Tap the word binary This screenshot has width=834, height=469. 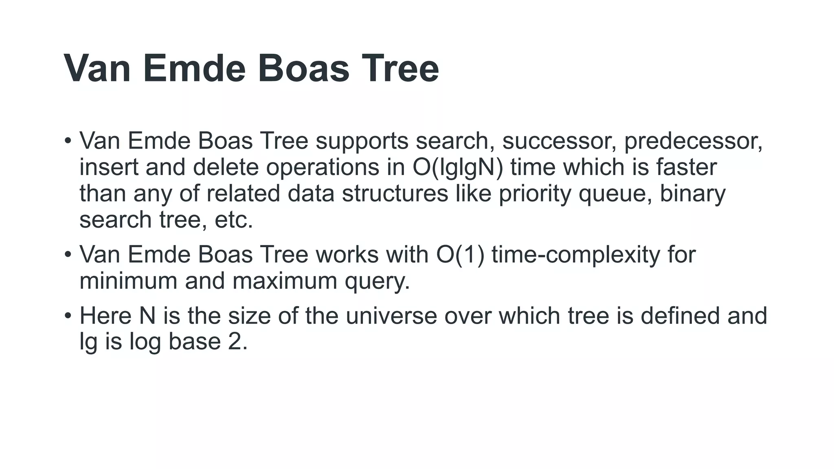tap(692, 193)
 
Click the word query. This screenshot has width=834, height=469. tap(377, 282)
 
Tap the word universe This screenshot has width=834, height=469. tap(391, 316)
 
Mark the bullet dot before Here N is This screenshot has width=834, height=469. tap(68, 316)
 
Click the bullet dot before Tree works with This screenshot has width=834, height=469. tap(68, 255)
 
